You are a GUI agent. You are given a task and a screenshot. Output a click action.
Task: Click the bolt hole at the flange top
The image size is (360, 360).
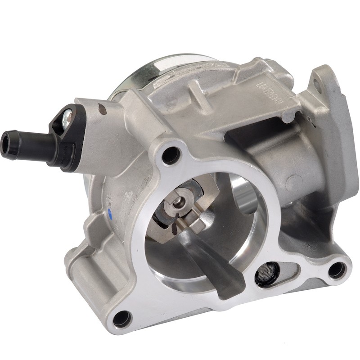coord(168,156)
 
